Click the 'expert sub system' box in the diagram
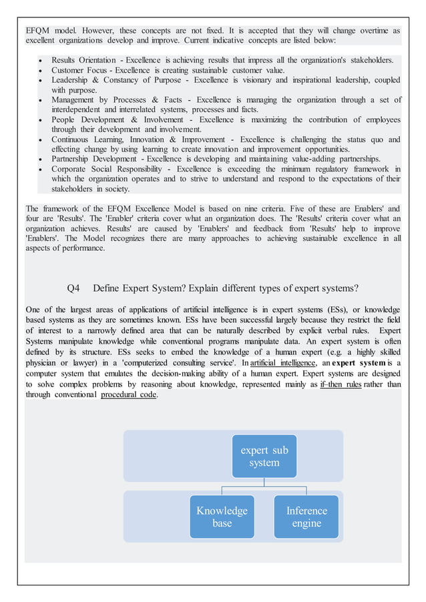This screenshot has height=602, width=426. [264, 456]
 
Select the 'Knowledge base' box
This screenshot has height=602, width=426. [222, 517]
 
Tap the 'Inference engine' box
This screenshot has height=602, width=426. [306, 517]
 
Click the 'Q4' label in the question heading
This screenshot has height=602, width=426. [73, 288]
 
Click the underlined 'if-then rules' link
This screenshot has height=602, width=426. [340, 384]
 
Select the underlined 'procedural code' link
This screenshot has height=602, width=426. [129, 394]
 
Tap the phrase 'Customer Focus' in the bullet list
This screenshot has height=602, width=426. [78, 70]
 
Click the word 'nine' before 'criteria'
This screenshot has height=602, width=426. [243, 209]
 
